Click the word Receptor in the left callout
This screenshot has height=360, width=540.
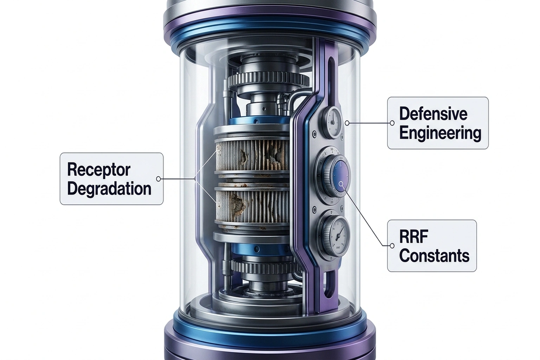[x=98, y=170]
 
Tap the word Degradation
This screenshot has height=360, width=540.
[x=109, y=189]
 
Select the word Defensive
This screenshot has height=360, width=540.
[x=433, y=114]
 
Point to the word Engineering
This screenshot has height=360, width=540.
[x=440, y=133]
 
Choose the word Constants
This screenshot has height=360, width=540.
[x=434, y=256]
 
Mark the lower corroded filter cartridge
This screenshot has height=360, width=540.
[x=251, y=205]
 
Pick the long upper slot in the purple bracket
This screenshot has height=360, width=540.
[x=331, y=81]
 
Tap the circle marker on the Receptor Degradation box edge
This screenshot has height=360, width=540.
[x=158, y=179]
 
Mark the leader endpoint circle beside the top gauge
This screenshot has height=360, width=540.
[x=347, y=123]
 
